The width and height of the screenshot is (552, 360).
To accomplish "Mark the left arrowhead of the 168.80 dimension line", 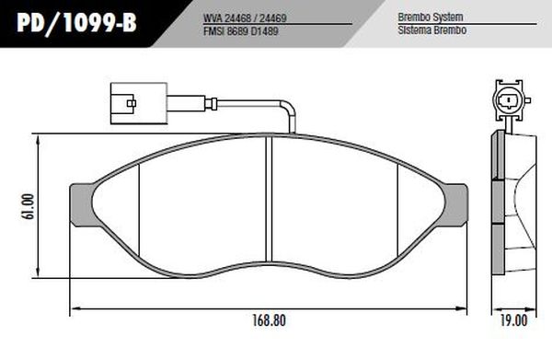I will click(75, 308).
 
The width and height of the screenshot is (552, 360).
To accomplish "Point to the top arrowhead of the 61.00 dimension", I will click(41, 137).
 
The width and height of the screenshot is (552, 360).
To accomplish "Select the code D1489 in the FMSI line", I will click(264, 29).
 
